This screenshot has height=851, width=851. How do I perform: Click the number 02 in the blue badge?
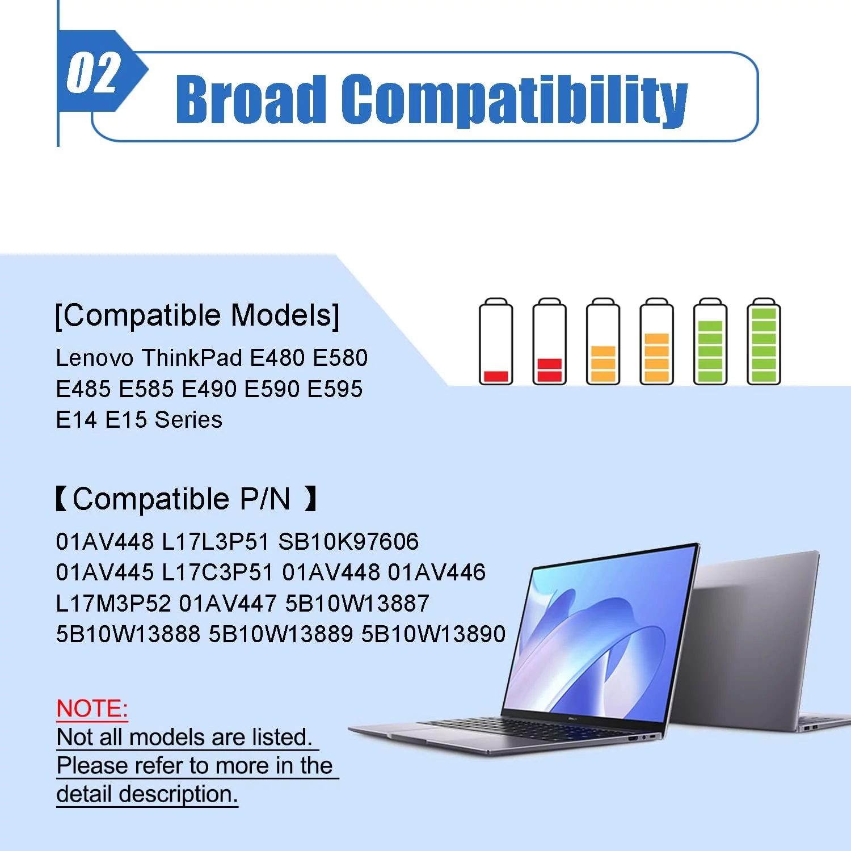(x=94, y=73)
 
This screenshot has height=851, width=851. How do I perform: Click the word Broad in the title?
(x=251, y=99)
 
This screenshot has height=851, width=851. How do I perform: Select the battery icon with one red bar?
(x=496, y=342)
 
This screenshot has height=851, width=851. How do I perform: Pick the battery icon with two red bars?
(x=549, y=342)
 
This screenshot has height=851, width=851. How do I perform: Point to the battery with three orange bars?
(x=603, y=342)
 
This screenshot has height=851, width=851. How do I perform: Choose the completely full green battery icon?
(x=764, y=342)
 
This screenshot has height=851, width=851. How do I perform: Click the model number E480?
(x=277, y=358)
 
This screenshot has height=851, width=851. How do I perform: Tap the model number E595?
(x=335, y=389)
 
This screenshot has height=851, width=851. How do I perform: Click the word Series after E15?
(x=188, y=420)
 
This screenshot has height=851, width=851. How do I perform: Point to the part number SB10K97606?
(x=348, y=542)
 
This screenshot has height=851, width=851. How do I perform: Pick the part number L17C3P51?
(x=218, y=572)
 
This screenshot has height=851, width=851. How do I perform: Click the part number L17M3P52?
(x=113, y=603)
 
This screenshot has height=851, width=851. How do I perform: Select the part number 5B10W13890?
(x=433, y=634)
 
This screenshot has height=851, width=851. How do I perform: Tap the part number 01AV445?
(x=105, y=572)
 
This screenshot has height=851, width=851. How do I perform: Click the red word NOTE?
(x=92, y=709)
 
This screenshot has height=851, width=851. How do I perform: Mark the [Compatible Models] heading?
(x=197, y=315)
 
